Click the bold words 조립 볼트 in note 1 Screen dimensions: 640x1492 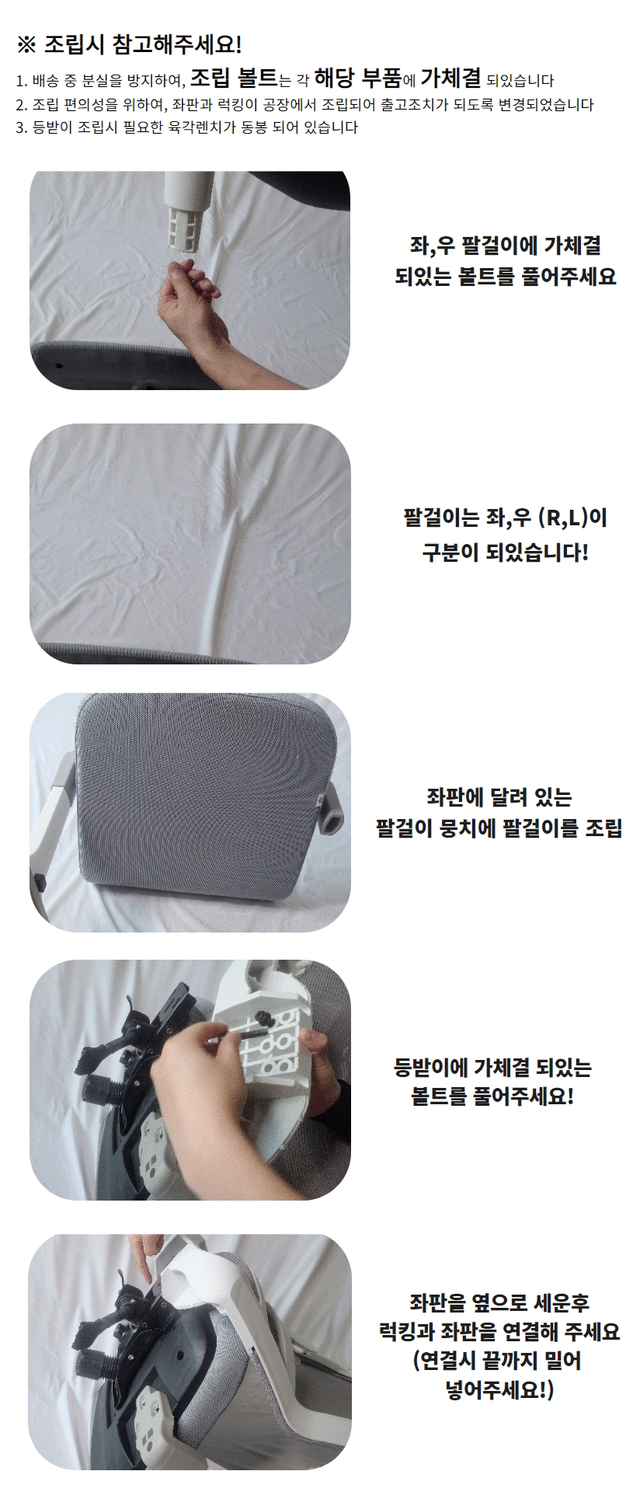[x=233, y=78]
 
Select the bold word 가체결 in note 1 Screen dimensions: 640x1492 [x=451, y=78]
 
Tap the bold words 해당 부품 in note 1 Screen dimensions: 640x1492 [x=358, y=78]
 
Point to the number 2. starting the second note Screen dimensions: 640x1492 [x=21, y=105]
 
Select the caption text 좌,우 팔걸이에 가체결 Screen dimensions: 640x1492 [x=505, y=246]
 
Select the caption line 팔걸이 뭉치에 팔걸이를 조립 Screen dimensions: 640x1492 [x=499, y=827]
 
